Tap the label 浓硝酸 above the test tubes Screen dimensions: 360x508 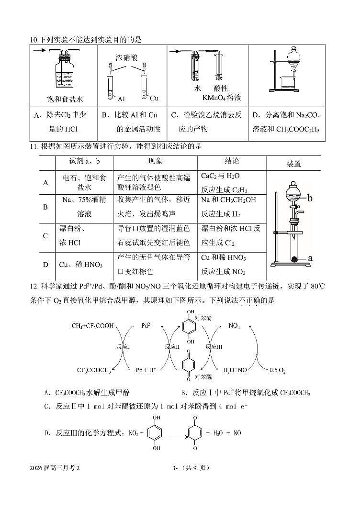126,58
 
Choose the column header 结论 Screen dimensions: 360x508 232,161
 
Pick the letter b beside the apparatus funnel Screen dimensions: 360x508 310,197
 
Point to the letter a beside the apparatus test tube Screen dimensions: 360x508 310,258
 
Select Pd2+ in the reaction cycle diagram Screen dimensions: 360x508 147,325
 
